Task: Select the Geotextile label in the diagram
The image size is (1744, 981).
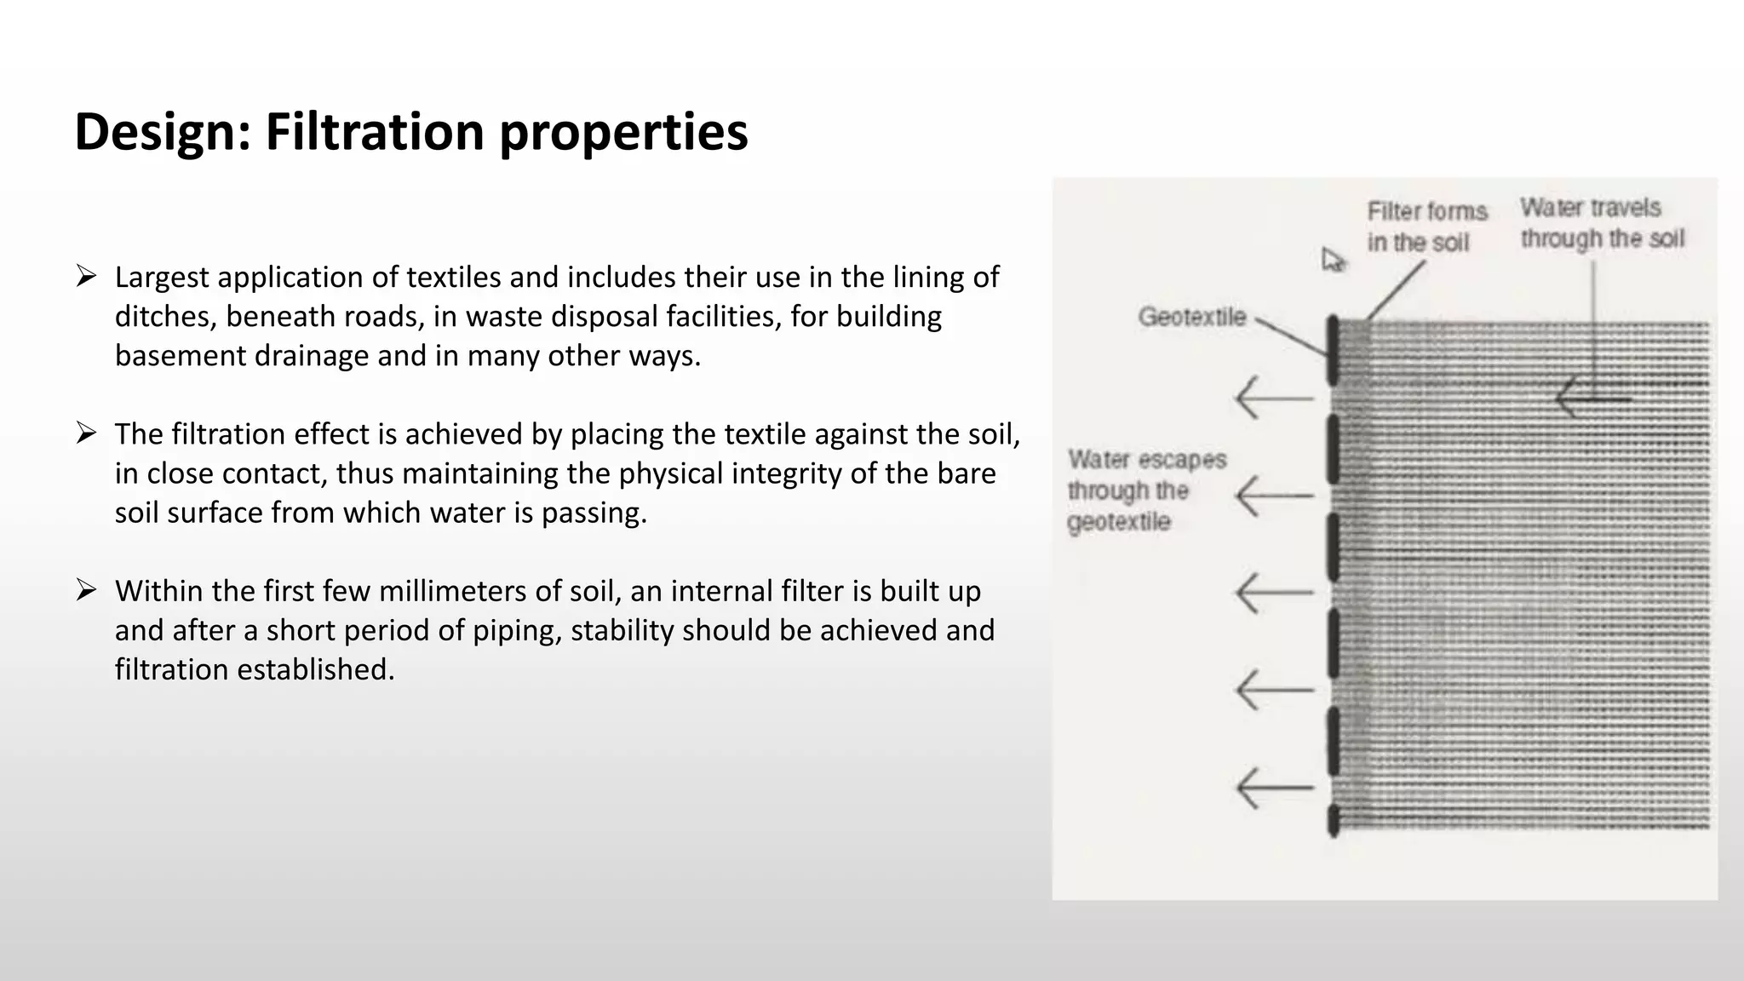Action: click(1191, 317)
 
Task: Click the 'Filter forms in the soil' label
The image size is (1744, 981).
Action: click(1426, 227)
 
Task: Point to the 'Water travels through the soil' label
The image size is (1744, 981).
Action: click(1602, 223)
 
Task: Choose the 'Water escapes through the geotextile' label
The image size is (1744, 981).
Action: click(1145, 490)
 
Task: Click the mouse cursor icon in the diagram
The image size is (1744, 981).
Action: click(1333, 260)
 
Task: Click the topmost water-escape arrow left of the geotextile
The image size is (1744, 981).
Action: click(1274, 398)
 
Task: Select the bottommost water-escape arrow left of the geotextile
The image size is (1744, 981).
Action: click(1274, 788)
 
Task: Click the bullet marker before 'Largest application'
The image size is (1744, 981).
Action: click(86, 276)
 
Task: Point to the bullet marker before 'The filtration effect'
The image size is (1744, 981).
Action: click(86, 433)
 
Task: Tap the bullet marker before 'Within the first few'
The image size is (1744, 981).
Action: click(86, 589)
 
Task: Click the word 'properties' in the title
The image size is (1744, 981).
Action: click(623, 132)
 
